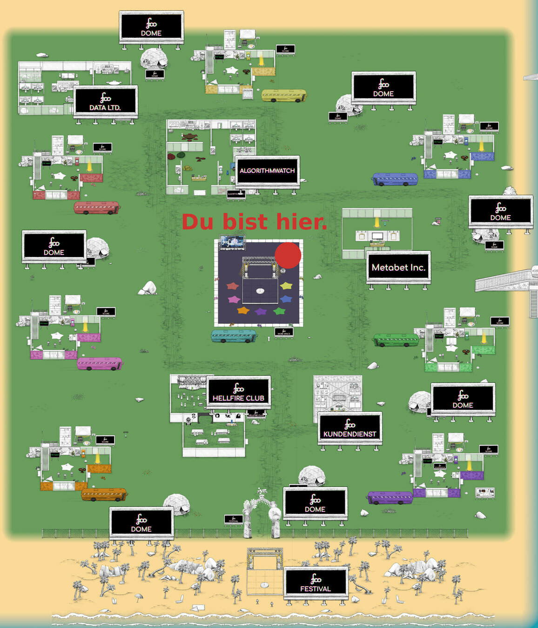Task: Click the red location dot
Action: point(288,255)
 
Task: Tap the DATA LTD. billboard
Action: point(105,101)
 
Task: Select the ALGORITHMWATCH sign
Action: point(267,171)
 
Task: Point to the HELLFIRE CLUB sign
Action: point(238,392)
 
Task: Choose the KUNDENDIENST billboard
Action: point(350,428)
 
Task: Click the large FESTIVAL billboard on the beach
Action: point(316,582)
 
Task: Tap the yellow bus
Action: point(284,95)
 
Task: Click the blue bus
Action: point(395,179)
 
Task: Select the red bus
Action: point(96,207)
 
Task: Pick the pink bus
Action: point(100,363)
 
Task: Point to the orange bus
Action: point(103,494)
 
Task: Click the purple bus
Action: point(390,497)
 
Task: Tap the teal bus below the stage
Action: point(234,336)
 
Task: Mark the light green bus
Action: point(396,340)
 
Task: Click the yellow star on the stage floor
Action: point(286,286)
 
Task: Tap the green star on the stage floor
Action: point(279,310)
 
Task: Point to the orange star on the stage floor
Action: point(243,310)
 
